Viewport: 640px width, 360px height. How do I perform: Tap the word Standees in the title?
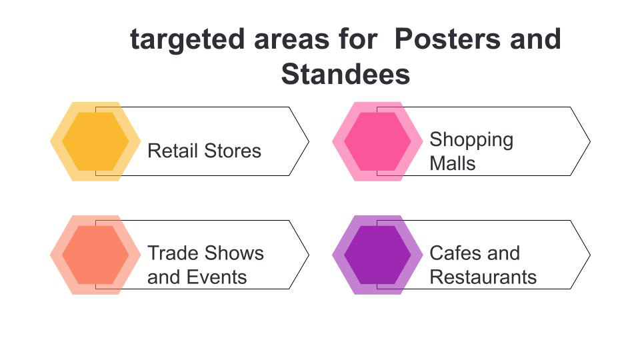[345, 74]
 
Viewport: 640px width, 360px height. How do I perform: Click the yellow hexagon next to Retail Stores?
[95, 141]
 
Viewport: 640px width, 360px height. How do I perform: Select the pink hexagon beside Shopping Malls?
[377, 141]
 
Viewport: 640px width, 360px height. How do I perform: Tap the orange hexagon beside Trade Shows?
[95, 255]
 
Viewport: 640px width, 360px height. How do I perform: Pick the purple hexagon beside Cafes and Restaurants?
[377, 255]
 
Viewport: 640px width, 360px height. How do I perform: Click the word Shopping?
[471, 140]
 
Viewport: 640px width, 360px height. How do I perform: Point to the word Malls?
[452, 163]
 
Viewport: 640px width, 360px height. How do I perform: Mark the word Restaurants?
[483, 277]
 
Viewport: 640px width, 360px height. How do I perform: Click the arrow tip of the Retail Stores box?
[307, 141]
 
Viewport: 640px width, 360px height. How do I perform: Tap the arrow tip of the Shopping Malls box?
[589, 141]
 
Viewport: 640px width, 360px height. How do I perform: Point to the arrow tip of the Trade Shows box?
[307, 255]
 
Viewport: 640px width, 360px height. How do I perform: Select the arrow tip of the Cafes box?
[589, 255]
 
